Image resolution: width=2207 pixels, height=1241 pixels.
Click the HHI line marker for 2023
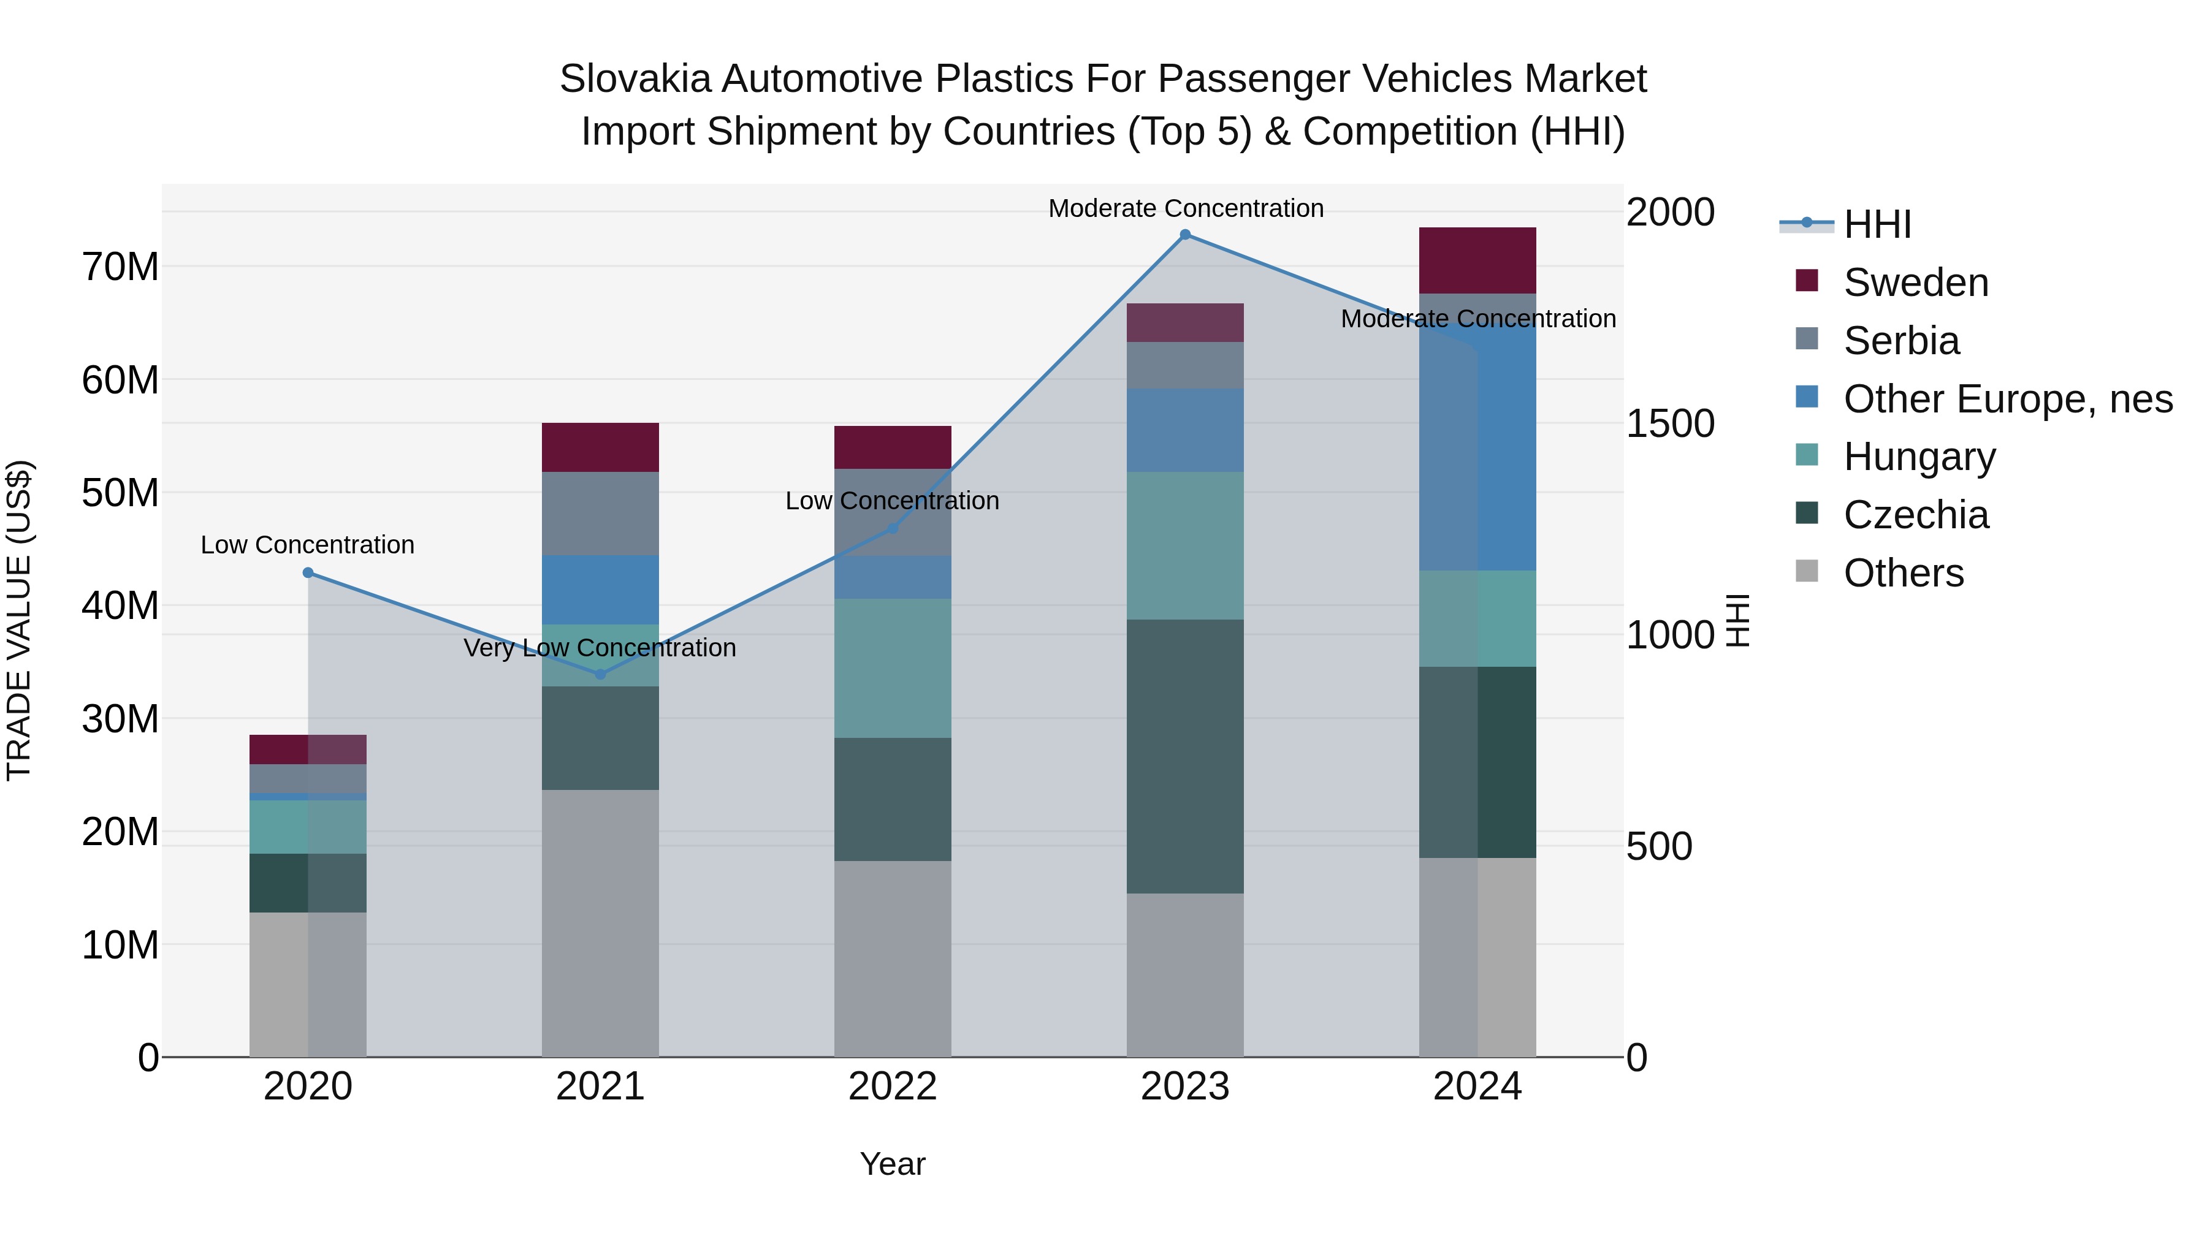[x=1185, y=235]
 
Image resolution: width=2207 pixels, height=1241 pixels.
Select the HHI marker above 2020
[x=308, y=572]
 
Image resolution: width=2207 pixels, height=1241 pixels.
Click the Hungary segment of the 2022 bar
[x=892, y=668]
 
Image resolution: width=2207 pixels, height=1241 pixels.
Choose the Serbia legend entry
[x=1901, y=341]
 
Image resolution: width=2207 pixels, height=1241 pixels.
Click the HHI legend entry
[x=1877, y=224]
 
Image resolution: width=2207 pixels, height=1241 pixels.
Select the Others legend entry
[x=1903, y=573]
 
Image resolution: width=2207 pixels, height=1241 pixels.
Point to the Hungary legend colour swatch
[x=1806, y=455]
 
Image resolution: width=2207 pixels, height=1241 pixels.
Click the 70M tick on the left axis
[x=120, y=267]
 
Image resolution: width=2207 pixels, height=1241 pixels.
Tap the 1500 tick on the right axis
[x=1670, y=424]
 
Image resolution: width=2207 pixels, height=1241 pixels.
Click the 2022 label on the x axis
[x=892, y=1087]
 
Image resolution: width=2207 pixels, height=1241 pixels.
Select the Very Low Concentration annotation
[x=600, y=648]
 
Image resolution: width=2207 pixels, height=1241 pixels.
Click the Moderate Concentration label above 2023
[x=1186, y=208]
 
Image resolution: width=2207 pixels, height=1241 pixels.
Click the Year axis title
[x=892, y=1164]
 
